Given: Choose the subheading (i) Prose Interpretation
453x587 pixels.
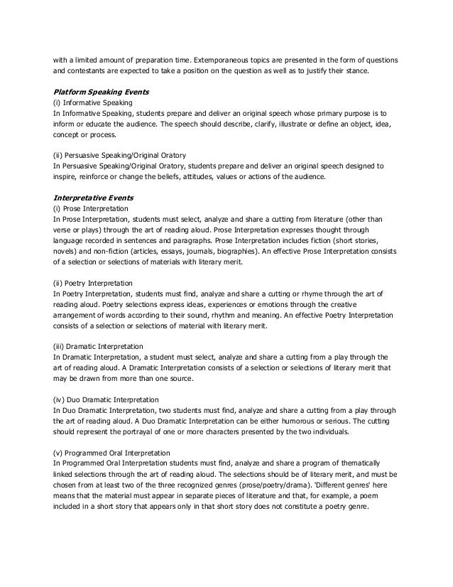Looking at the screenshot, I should pos(90,210).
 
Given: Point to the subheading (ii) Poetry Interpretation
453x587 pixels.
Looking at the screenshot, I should pos(92,283).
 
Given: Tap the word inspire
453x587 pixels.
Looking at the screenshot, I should pos(65,176).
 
